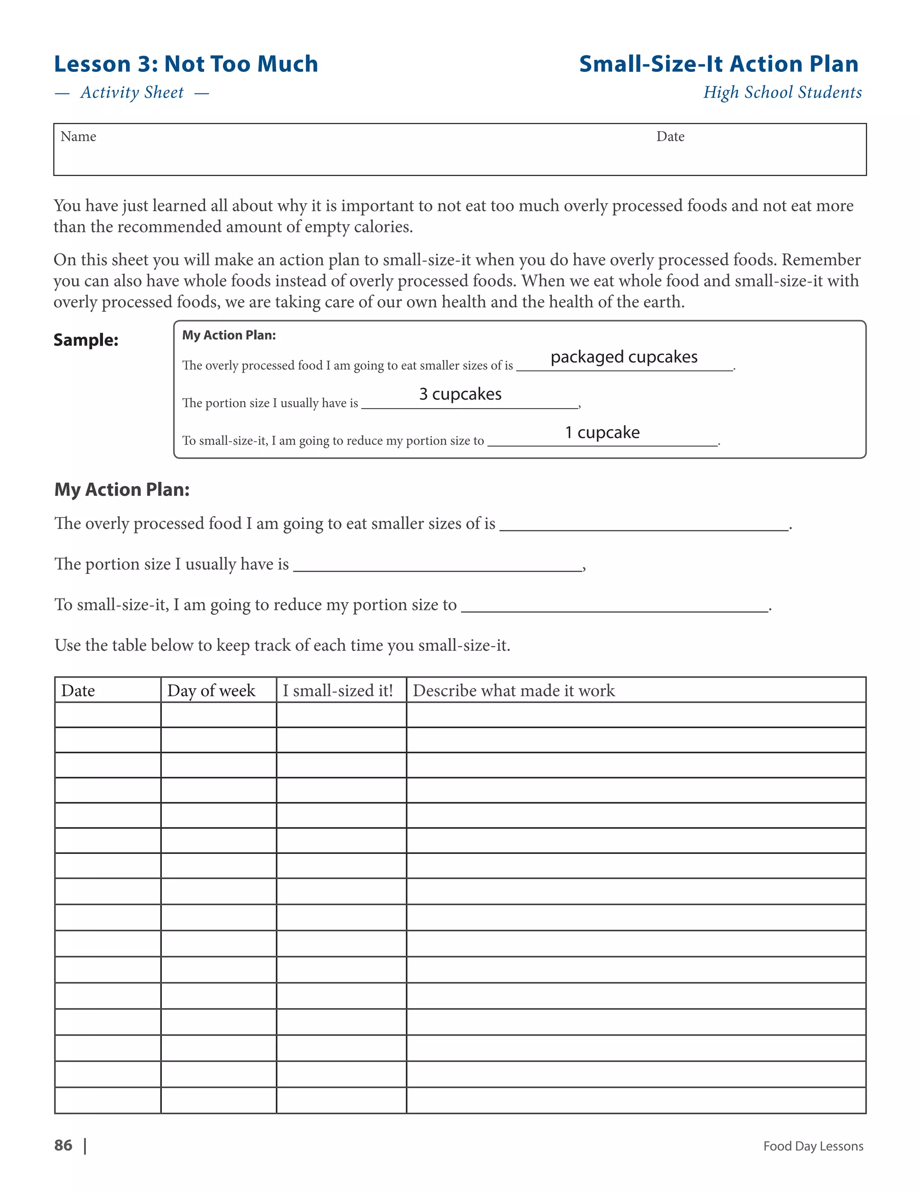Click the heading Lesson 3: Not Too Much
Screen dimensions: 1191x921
tap(186, 64)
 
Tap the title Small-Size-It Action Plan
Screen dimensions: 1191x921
tap(718, 64)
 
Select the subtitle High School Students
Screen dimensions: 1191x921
tap(782, 93)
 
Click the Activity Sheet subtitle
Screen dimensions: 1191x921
tap(132, 93)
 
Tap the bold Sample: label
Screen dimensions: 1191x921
tap(85, 340)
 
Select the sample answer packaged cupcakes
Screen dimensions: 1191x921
tap(624, 357)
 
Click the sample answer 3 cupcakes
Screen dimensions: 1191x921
tap(460, 394)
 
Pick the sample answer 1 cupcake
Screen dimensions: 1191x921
tap(602, 432)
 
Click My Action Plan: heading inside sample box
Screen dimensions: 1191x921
tap(228, 335)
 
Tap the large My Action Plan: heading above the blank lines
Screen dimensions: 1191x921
tap(122, 490)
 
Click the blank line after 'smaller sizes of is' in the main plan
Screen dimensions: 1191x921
tap(644, 524)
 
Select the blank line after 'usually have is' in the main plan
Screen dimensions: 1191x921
tap(437, 565)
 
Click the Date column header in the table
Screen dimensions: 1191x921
tap(78, 691)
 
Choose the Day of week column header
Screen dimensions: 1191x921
tap(211, 691)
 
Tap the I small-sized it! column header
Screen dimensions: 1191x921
tap(338, 691)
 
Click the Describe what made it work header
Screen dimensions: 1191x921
tap(514, 691)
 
